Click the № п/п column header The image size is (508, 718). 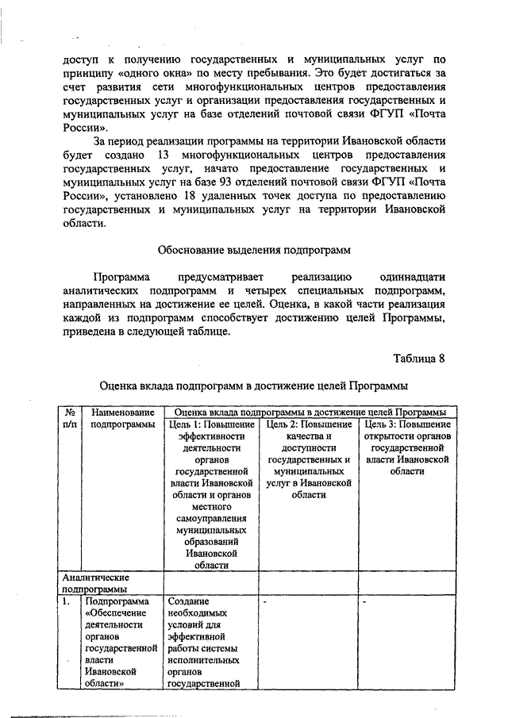click(x=69, y=418)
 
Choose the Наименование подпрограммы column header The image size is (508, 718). click(x=122, y=418)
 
